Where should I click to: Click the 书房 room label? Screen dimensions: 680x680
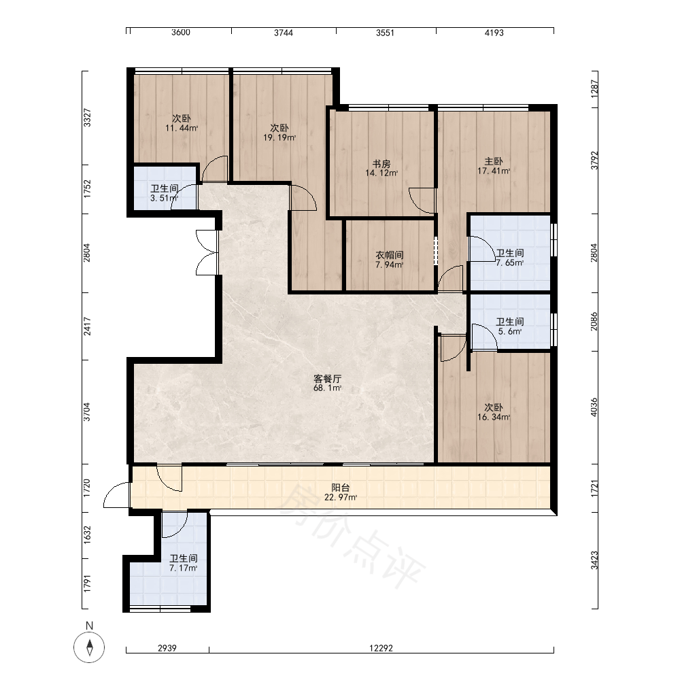pos(381,164)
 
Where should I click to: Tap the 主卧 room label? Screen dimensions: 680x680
pos(494,162)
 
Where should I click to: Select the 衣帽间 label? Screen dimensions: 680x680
pos(390,255)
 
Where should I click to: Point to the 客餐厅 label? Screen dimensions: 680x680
pos(328,379)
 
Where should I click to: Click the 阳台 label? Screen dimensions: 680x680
pos(341,488)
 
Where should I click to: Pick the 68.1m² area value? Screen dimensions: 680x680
pos(328,388)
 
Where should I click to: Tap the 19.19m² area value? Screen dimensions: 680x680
pos(279,137)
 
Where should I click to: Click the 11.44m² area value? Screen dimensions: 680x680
pos(182,128)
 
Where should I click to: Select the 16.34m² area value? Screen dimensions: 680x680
pos(494,418)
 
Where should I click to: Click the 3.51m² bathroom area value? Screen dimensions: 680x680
pos(165,198)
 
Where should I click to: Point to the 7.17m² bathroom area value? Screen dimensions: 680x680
pos(184,568)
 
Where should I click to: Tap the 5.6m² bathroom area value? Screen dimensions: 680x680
pos(510,331)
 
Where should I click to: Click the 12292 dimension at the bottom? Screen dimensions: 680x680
pos(381,648)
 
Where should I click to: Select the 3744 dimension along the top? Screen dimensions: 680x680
pos(283,33)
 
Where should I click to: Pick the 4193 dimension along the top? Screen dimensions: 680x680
pos(494,33)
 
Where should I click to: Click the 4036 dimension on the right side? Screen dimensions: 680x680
pos(594,407)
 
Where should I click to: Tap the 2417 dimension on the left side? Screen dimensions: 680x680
pos(88,326)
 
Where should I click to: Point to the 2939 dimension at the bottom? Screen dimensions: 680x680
pos(167,648)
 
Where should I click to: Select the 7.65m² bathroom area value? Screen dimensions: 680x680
pos(510,262)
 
